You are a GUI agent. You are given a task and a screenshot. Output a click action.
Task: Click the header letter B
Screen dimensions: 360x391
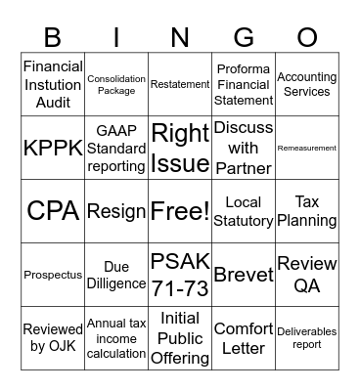tap(52, 36)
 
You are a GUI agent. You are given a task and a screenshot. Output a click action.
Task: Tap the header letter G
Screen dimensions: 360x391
tap(244, 36)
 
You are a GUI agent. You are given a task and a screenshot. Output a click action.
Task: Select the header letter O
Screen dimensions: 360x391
tap(307, 36)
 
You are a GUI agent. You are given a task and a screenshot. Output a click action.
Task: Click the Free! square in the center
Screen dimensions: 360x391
tap(180, 211)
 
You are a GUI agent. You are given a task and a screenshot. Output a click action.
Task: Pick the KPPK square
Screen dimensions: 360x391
tap(53, 148)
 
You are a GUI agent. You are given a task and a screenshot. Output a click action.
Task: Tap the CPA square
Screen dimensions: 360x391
tap(53, 211)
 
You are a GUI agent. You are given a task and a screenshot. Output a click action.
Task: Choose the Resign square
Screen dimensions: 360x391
tap(116, 211)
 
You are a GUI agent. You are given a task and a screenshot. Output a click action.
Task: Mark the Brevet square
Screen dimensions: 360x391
tap(244, 275)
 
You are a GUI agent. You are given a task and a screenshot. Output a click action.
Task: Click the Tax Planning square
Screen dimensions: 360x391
tap(307, 211)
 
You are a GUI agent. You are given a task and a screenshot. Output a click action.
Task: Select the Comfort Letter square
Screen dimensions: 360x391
tap(244, 338)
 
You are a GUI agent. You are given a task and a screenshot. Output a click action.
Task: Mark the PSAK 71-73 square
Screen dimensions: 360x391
tap(180, 275)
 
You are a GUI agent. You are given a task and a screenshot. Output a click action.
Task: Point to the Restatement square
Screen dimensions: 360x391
tap(180, 84)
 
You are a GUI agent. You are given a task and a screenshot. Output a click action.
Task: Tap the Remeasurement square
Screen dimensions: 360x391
tap(307, 148)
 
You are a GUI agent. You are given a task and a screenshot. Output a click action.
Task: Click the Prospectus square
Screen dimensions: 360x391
tap(53, 275)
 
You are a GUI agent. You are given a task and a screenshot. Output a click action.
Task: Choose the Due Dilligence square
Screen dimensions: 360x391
tap(116, 275)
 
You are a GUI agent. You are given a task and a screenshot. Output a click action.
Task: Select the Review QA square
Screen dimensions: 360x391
tap(307, 275)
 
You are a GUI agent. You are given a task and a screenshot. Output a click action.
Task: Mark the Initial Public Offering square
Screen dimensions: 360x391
tap(180, 338)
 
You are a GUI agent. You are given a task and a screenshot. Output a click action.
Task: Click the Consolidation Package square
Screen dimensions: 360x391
tap(116, 84)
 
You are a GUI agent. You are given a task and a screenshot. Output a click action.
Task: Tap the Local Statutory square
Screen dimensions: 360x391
tap(244, 211)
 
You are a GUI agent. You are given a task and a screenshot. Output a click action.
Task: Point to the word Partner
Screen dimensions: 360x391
tap(244, 168)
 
